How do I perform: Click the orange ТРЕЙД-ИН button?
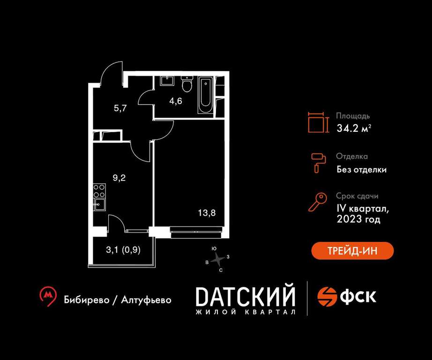click(x=352, y=251)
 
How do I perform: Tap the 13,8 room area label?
click(x=207, y=213)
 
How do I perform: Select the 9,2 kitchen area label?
click(x=119, y=178)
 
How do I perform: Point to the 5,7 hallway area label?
click(x=120, y=108)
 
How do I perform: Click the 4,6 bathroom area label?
click(x=176, y=101)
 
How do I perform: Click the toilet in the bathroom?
click(x=187, y=84)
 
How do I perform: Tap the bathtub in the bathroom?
click(x=205, y=96)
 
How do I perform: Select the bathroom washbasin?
click(x=167, y=81)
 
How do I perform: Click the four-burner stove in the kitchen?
click(x=99, y=191)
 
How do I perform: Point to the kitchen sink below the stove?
click(x=99, y=204)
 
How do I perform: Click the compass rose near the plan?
click(x=218, y=259)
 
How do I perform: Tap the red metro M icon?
click(x=48, y=296)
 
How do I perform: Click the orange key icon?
click(x=318, y=202)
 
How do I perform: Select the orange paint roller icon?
click(x=319, y=163)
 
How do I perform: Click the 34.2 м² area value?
click(x=354, y=128)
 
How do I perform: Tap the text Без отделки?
click(x=361, y=169)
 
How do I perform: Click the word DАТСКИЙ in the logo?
click(x=246, y=296)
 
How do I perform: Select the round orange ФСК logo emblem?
click(x=328, y=297)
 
